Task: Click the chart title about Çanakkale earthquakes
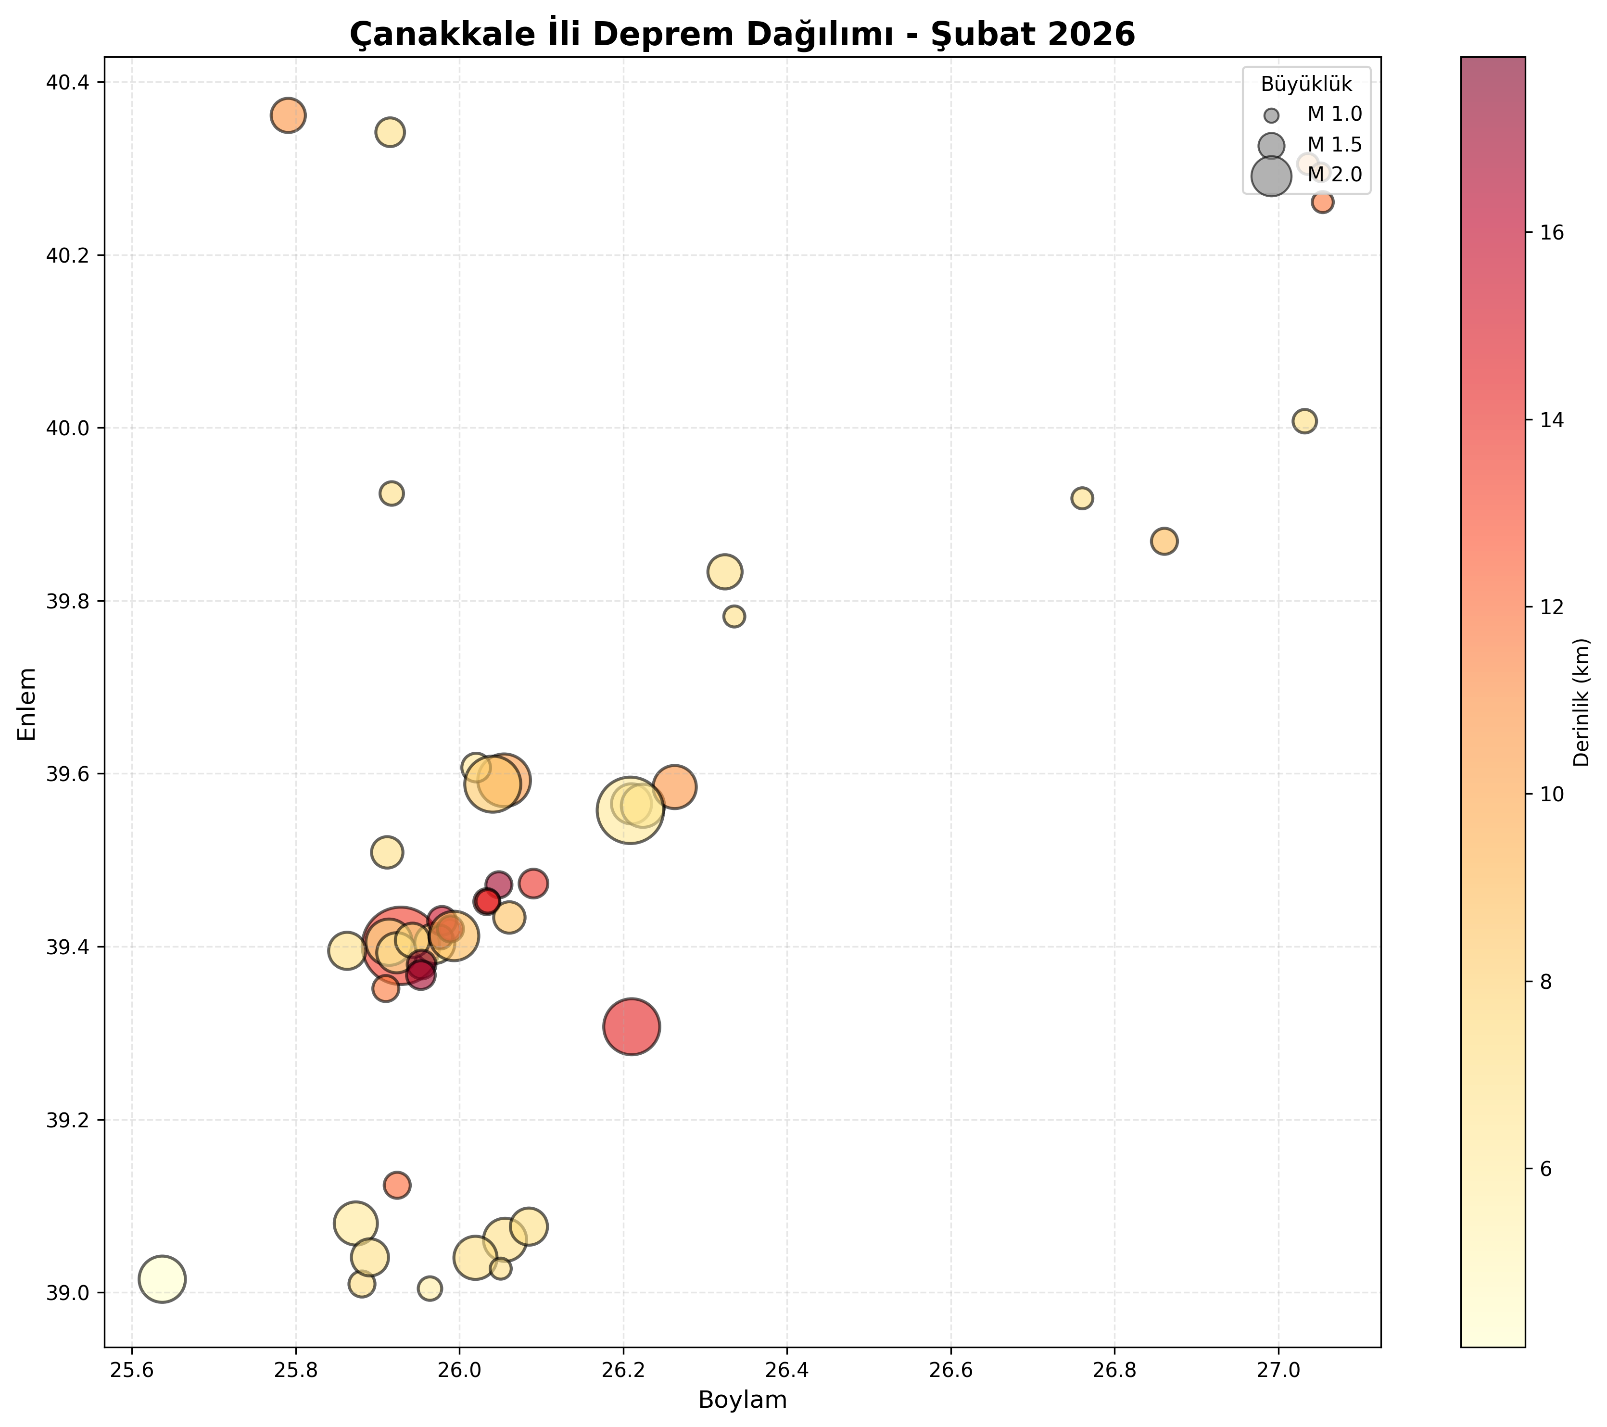click(742, 34)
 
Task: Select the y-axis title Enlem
click(27, 704)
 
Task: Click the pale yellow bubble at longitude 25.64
click(162, 1279)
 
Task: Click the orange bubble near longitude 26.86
click(1164, 542)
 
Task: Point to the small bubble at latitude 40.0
click(1304, 421)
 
